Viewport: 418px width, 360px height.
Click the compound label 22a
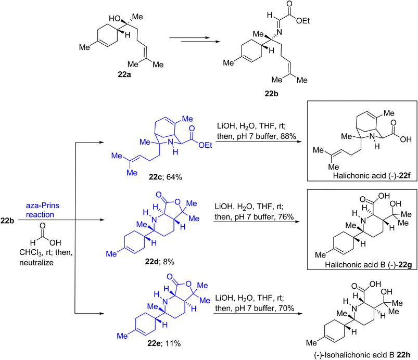[x=124, y=74]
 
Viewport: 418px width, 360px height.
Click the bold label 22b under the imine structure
[x=271, y=94]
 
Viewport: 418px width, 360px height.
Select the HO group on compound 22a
[x=115, y=19]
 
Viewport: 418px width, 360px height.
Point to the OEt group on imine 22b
[x=303, y=21]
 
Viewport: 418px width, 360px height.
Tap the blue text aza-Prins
[x=42, y=205]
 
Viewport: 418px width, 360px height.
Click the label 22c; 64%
[x=166, y=177]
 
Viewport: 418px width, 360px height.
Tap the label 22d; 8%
[x=159, y=262]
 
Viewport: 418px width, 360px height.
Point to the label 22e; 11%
[x=164, y=343]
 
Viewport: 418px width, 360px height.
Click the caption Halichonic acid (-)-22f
[x=372, y=176]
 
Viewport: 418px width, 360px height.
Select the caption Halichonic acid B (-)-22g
[x=369, y=265]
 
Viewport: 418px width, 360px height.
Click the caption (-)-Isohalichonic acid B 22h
[x=362, y=355]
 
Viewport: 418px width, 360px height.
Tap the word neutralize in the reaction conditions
[x=36, y=263]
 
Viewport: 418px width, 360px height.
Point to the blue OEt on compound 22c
[x=205, y=145]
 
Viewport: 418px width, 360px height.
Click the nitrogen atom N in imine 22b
[x=279, y=32]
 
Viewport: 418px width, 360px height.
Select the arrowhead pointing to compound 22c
[x=102, y=143]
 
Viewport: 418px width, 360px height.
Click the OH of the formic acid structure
[x=55, y=242]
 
